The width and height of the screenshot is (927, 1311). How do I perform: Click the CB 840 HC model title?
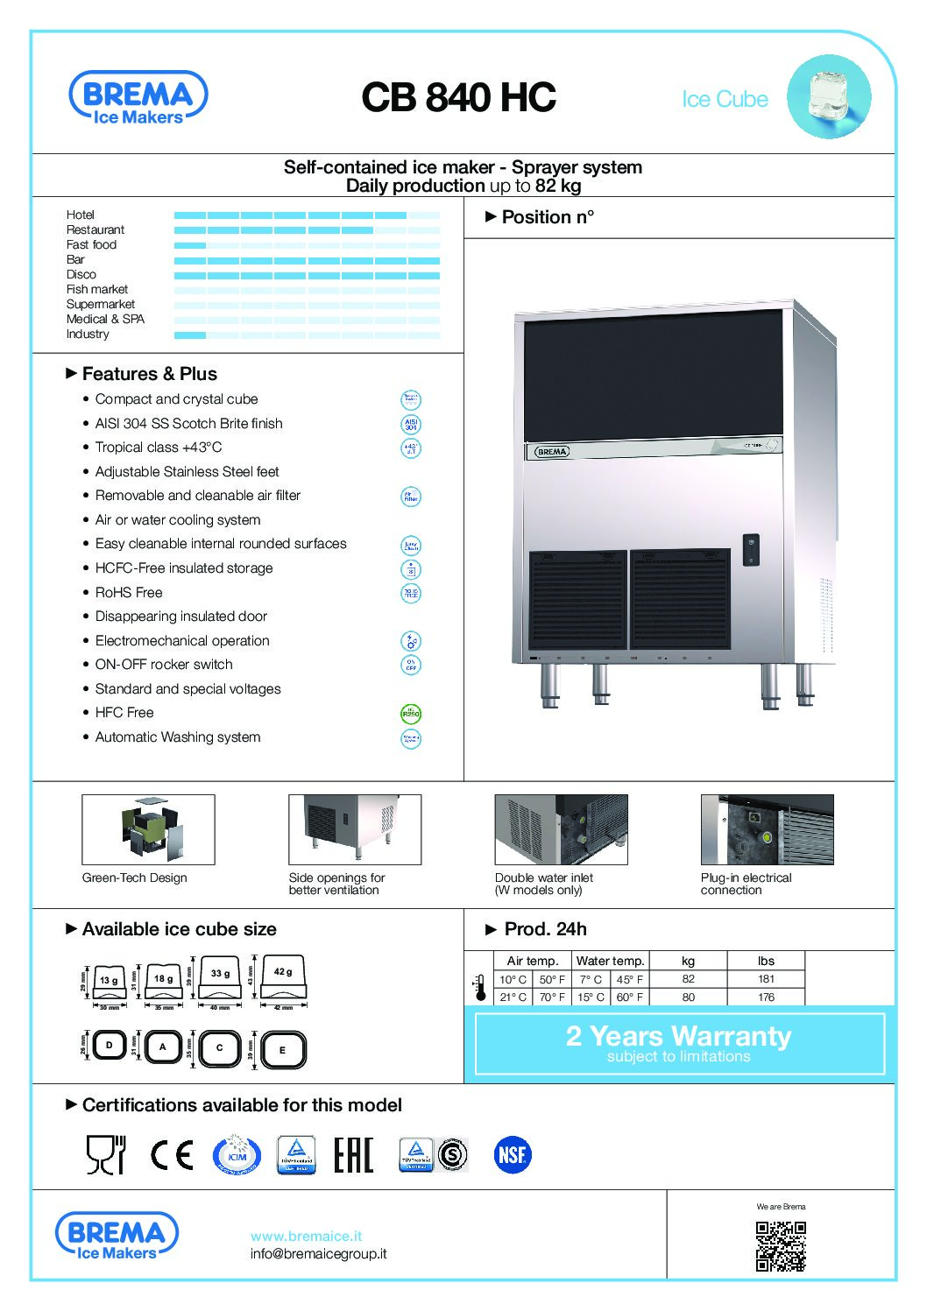coord(458,97)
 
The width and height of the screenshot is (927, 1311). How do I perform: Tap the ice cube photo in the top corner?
coord(828,96)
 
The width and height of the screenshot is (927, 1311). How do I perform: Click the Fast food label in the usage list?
coord(91,244)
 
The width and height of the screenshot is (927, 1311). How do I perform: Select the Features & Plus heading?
coord(149,374)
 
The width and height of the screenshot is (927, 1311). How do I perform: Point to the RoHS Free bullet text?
coord(129,592)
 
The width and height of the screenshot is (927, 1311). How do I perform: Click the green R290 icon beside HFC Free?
coord(410,714)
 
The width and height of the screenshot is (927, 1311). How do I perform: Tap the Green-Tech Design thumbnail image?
coord(148,829)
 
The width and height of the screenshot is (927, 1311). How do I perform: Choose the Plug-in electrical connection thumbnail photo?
coord(767,829)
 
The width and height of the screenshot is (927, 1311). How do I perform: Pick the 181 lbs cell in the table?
coord(766,979)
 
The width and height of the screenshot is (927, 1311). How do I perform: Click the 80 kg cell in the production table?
coord(688,997)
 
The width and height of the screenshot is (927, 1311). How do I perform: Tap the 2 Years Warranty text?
coord(678,1036)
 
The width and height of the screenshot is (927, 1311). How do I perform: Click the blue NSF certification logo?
coord(512,1154)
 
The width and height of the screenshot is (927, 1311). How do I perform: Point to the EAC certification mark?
coord(353,1154)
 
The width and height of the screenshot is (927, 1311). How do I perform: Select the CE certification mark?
coord(172,1154)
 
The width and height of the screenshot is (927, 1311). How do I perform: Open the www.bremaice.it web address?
coord(306,1236)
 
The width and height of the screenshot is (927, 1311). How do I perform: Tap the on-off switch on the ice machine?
coord(750,550)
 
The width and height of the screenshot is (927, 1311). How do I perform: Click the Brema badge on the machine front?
coord(552,452)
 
